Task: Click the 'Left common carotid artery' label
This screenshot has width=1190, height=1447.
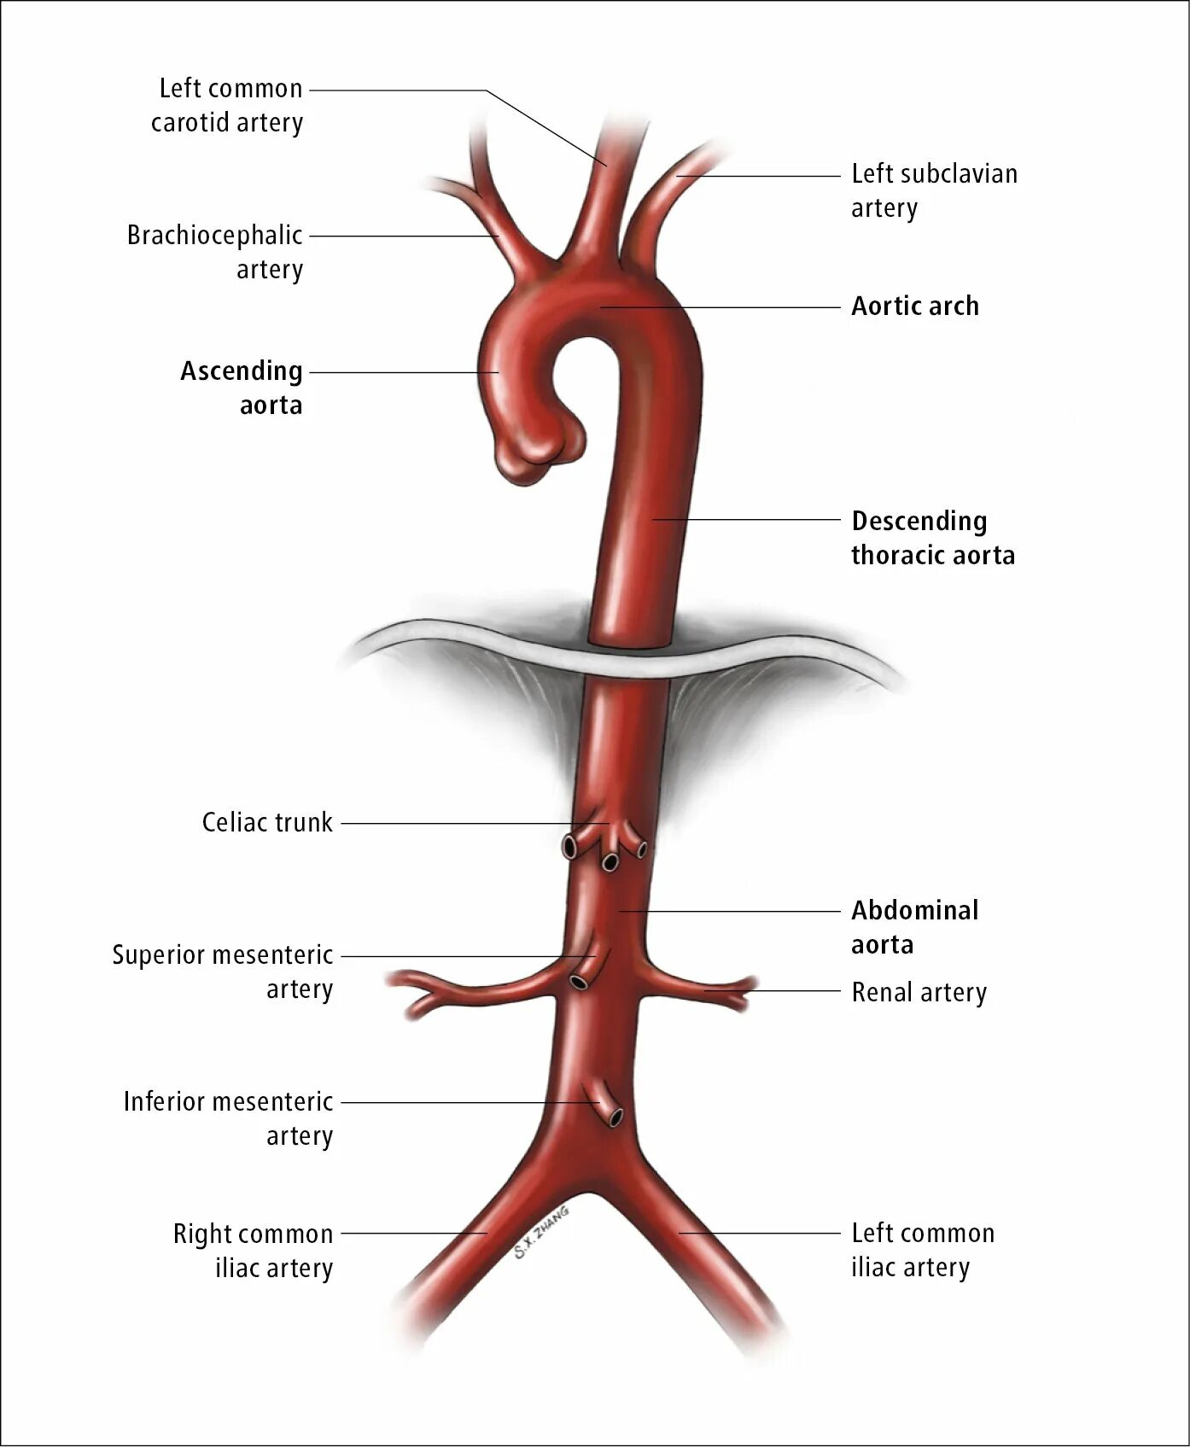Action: click(227, 105)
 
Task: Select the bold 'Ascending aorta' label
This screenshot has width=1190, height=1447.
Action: click(242, 388)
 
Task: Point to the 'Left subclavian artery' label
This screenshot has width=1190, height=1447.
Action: click(934, 190)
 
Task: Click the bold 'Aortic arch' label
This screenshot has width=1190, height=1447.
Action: click(915, 306)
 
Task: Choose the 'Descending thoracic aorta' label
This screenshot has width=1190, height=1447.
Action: click(932, 538)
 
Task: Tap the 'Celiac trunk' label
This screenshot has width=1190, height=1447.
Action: click(267, 822)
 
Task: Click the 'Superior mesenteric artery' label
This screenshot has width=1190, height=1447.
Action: click(223, 971)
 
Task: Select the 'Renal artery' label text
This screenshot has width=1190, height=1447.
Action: click(919, 992)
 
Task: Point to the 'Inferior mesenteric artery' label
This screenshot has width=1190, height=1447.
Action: click(228, 1118)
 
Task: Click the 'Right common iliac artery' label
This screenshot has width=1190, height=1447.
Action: click(253, 1251)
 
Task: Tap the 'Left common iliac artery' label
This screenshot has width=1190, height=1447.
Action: click(923, 1250)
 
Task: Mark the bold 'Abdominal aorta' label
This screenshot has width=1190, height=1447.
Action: click(914, 927)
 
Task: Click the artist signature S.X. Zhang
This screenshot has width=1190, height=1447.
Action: click(541, 1233)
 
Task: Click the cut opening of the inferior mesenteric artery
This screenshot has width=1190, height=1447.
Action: click(615, 1116)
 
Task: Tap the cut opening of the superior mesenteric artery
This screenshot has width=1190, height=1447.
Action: click(580, 981)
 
